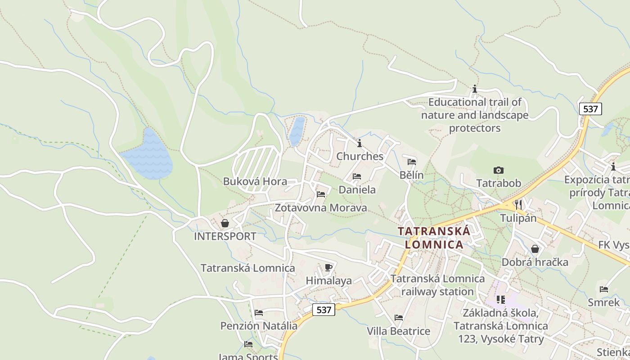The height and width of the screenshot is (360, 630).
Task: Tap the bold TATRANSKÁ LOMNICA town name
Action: click(x=434, y=238)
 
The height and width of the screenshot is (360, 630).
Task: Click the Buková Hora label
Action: click(x=255, y=181)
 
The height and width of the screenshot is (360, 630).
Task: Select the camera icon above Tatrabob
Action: click(x=498, y=170)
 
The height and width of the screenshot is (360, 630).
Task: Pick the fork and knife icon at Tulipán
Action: click(x=518, y=204)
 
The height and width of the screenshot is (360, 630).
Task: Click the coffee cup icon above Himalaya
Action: click(x=328, y=268)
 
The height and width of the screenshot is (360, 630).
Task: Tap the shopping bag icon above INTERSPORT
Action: click(x=225, y=223)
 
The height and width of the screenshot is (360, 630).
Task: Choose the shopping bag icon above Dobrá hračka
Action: click(x=535, y=249)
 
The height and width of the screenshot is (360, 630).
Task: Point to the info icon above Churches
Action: click(x=360, y=144)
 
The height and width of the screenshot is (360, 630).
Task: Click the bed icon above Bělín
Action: click(x=412, y=162)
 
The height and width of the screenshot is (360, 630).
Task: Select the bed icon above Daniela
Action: click(x=357, y=176)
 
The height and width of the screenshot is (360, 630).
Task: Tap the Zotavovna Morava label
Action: click(x=321, y=208)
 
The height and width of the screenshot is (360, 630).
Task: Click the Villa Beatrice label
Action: click(x=398, y=331)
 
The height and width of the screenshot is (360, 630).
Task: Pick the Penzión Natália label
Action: click(x=259, y=326)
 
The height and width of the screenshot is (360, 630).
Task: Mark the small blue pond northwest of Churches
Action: click(x=297, y=131)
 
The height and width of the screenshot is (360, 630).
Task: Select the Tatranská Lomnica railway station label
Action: click(x=437, y=285)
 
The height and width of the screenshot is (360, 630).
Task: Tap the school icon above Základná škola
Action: click(x=500, y=299)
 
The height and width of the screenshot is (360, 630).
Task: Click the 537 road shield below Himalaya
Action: click(x=324, y=310)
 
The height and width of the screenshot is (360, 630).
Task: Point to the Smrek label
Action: click(x=603, y=302)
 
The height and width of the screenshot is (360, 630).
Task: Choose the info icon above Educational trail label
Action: click(x=474, y=89)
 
